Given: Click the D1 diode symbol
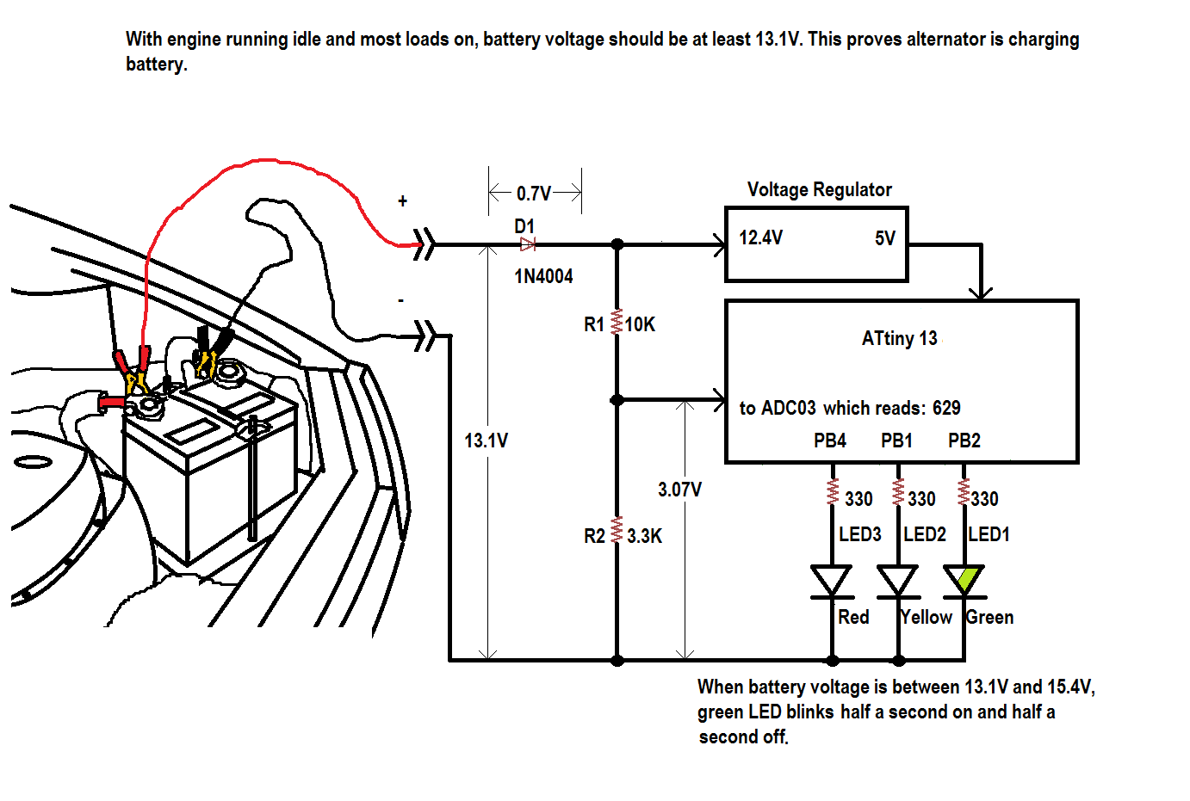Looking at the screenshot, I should (x=527, y=245).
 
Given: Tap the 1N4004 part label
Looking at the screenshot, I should (x=543, y=276).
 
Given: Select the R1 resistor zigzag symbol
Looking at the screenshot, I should (x=617, y=322).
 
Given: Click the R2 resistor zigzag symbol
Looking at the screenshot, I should (x=617, y=529).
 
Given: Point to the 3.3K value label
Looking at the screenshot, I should (x=644, y=536).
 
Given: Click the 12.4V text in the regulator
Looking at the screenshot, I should (x=760, y=237).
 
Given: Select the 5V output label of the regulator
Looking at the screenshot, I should (x=885, y=238).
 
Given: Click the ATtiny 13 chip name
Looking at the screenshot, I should (x=899, y=338).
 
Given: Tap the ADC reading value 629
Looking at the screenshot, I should (x=946, y=408).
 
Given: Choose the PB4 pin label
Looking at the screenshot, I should (x=830, y=441).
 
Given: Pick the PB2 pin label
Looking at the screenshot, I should (x=964, y=441).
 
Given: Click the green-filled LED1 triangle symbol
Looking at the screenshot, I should (x=964, y=580).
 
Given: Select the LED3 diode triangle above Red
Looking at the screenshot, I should (x=832, y=580).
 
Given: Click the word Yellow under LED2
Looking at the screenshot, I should (x=926, y=617).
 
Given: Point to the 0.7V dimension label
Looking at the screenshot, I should (x=534, y=194).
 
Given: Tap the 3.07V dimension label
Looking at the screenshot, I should (x=679, y=490).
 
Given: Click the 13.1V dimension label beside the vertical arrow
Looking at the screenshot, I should (x=486, y=441).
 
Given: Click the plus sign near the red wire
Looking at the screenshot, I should (x=402, y=201).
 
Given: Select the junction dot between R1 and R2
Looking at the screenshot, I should (x=617, y=400).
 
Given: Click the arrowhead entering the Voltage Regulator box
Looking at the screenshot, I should (x=720, y=245).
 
